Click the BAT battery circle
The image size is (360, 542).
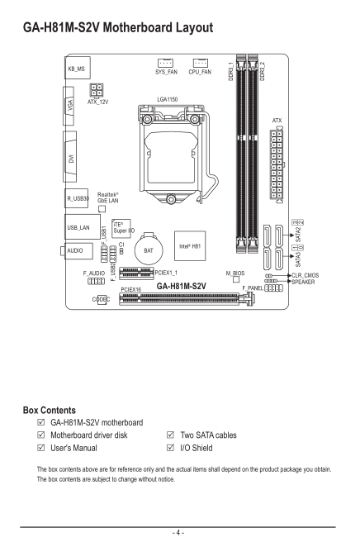(x=149, y=250)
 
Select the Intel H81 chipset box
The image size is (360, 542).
(x=190, y=245)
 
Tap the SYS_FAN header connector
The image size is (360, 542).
(x=165, y=63)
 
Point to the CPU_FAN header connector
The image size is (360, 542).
(x=201, y=63)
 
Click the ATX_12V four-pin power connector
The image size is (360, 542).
(x=97, y=91)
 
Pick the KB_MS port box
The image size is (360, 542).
(x=78, y=68)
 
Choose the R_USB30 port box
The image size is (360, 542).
(x=76, y=198)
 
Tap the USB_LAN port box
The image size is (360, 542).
(x=83, y=226)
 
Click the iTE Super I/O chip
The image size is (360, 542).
(x=121, y=229)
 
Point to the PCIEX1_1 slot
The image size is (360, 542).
(x=136, y=273)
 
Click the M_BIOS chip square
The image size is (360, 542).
(x=236, y=279)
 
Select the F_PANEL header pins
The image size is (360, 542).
(x=273, y=288)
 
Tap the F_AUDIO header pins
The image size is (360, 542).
(x=96, y=281)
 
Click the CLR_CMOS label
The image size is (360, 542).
(x=305, y=275)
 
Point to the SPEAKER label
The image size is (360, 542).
(x=303, y=282)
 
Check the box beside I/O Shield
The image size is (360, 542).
(x=170, y=448)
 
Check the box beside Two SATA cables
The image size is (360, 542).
(x=170, y=435)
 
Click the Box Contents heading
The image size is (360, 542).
(x=50, y=411)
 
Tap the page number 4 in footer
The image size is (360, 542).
(x=178, y=533)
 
